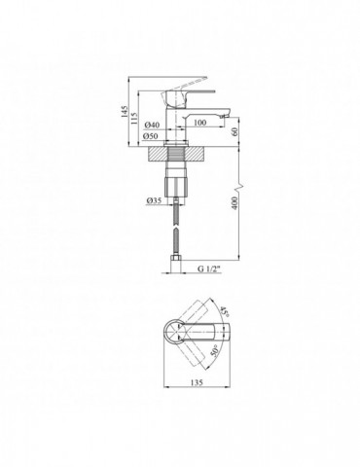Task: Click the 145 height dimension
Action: tap(125, 112)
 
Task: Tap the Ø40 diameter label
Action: tap(152, 125)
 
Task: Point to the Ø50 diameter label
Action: tap(151, 136)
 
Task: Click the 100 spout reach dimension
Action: tap(200, 123)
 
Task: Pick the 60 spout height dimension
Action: tap(235, 131)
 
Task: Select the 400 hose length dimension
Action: tap(235, 203)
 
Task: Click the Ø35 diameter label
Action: tap(154, 201)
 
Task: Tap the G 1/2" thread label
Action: tap(209, 269)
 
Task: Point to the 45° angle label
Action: tap(225, 311)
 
